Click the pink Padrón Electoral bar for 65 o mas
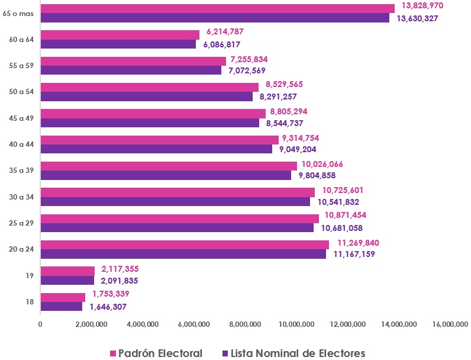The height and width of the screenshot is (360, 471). tap(217, 8)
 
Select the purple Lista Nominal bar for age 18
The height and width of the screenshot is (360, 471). tap(62, 307)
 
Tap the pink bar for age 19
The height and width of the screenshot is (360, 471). tap(67, 271)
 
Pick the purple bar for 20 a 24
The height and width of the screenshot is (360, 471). tap(183, 254)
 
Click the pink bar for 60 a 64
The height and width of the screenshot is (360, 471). tap(120, 35)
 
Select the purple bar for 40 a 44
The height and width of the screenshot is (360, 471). tap(156, 149)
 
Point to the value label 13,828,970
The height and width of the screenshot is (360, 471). tap(422, 5)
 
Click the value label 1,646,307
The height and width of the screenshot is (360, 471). tap(108, 307)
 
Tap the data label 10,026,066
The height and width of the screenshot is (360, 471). tap(322, 164)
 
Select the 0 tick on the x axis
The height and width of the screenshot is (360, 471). tap(40, 324)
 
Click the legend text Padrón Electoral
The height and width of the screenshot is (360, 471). tap(160, 353)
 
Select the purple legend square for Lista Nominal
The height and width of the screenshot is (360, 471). tap(225, 353)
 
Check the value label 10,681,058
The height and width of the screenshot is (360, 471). tap(341, 228)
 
